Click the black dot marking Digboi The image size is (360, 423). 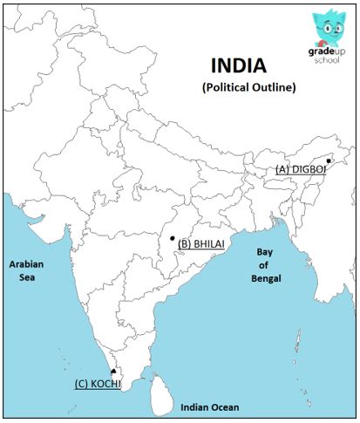[328, 160]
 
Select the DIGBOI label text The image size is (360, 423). [309, 168]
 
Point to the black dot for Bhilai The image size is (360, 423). [173, 238]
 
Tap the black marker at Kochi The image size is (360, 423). [113, 372]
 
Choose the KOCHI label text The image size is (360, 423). [106, 382]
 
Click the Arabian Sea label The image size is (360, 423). [26, 270]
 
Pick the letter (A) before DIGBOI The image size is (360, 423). [282, 168]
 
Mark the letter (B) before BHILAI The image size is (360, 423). [184, 244]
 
